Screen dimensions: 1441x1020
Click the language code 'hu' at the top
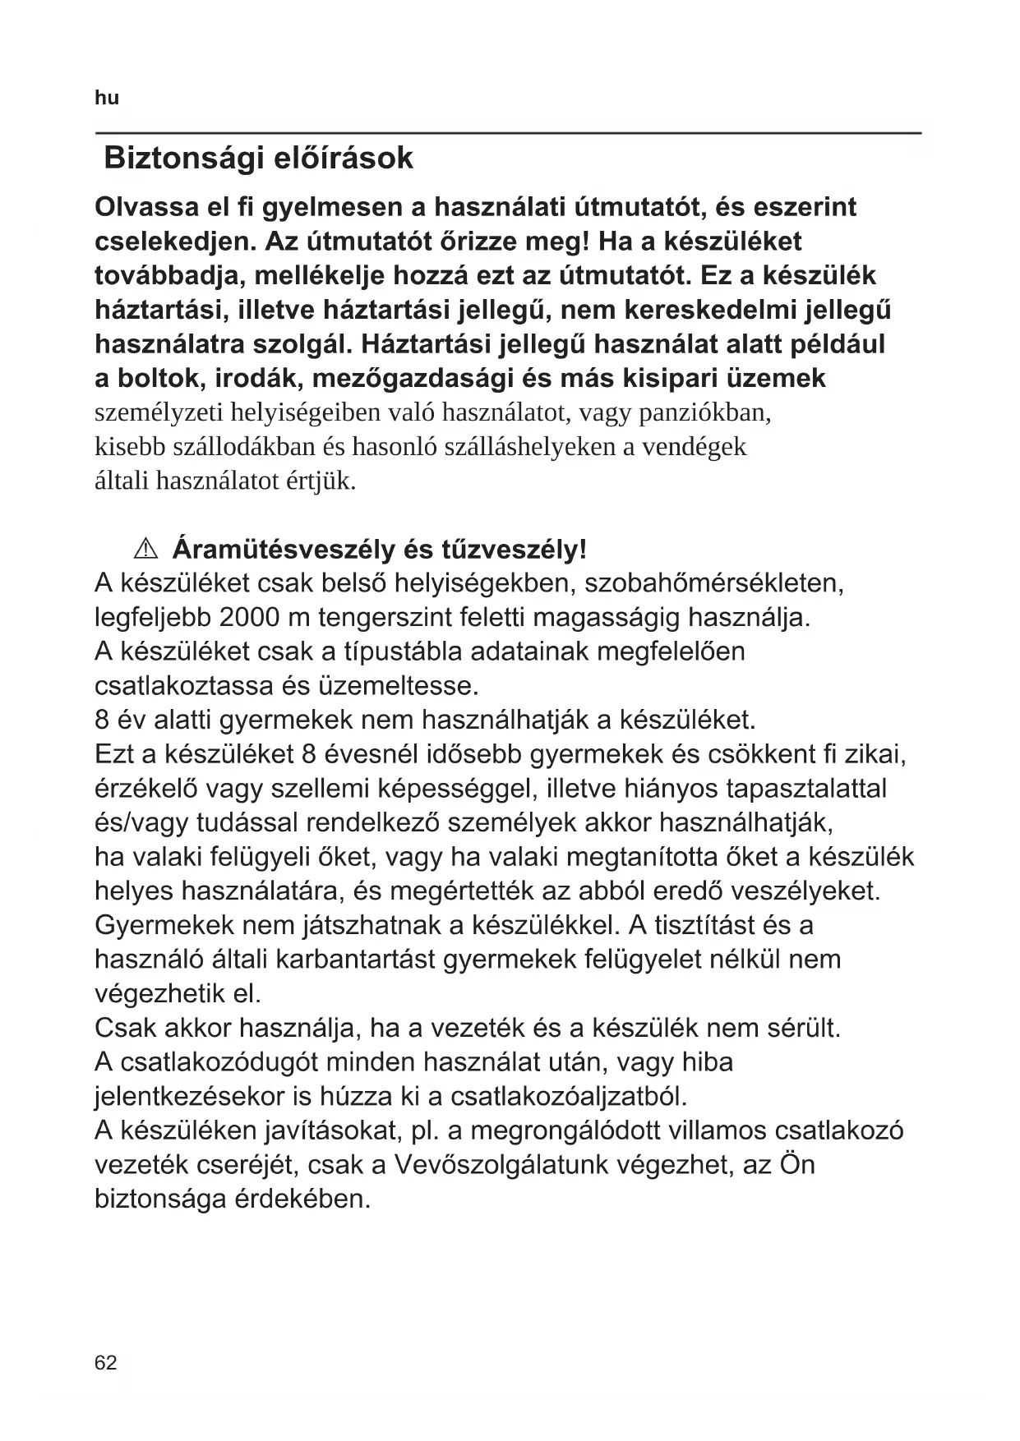(107, 99)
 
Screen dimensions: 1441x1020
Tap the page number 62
(106, 1364)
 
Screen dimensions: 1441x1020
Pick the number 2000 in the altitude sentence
(251, 617)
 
